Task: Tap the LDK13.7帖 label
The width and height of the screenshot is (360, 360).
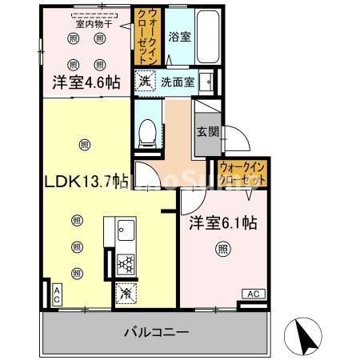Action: pyautogui.click(x=86, y=180)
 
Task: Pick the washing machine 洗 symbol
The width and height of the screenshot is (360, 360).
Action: pyautogui.click(x=145, y=80)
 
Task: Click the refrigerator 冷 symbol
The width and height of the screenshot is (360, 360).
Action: pyautogui.click(x=125, y=293)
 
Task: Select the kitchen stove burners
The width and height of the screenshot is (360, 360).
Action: pyautogui.click(x=126, y=263)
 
